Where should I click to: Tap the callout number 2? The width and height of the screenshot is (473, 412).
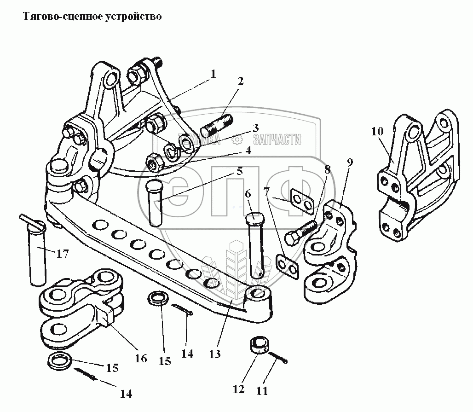241,82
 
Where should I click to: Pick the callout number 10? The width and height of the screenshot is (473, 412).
377,131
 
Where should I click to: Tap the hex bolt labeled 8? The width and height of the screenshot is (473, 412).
299,232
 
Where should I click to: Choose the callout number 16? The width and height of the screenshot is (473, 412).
141,358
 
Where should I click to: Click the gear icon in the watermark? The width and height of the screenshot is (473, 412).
237,139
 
